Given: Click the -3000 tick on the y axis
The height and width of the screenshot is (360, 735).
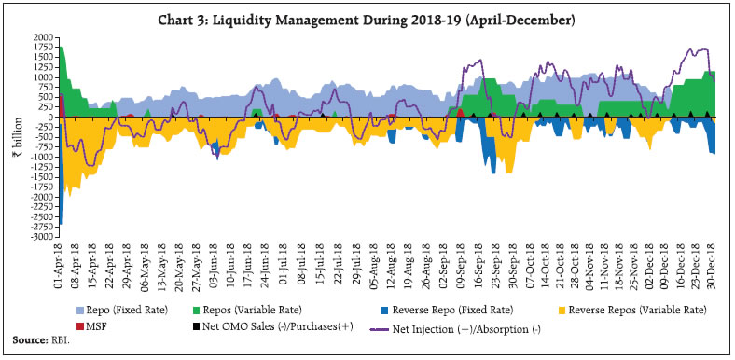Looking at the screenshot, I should point(42,238).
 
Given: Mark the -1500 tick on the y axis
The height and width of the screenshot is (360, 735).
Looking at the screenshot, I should point(42,177).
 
